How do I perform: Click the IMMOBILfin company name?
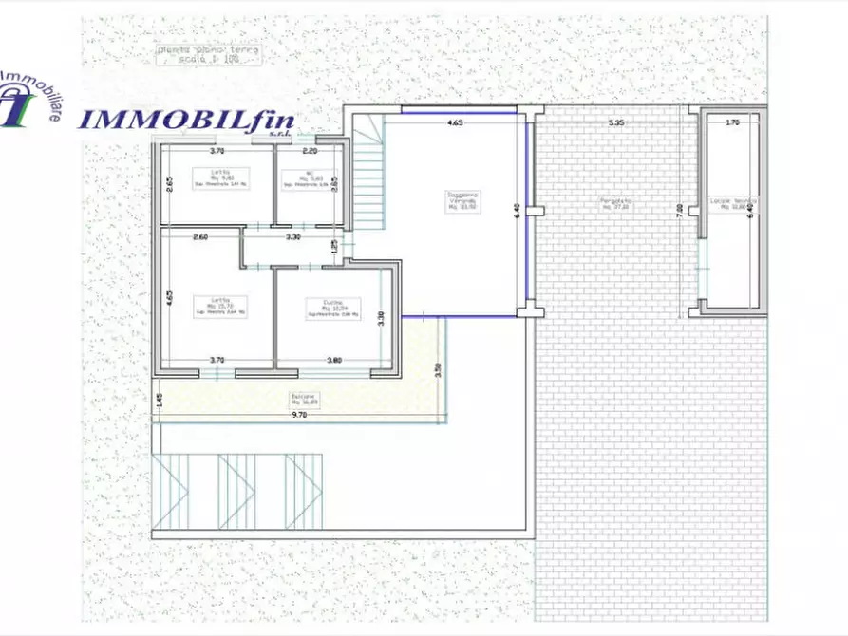point(186,121)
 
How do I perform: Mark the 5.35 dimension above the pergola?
point(615,122)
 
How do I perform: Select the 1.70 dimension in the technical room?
point(731,122)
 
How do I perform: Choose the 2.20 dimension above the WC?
point(310,151)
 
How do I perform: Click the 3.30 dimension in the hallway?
point(293,237)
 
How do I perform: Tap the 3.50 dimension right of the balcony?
point(438,370)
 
